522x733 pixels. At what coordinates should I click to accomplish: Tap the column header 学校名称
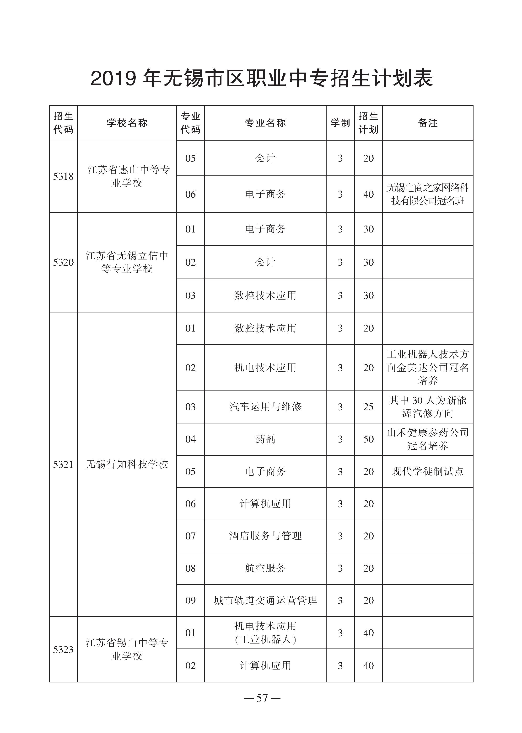(x=127, y=123)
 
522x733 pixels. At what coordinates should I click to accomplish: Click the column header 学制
(x=340, y=123)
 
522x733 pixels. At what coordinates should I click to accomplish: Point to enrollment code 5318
(x=63, y=176)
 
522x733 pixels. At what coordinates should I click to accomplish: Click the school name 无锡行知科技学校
(x=127, y=464)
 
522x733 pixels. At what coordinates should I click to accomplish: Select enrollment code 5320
(x=63, y=262)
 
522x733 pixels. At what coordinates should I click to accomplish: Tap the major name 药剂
(x=265, y=439)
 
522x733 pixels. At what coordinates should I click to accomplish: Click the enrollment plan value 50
(x=368, y=439)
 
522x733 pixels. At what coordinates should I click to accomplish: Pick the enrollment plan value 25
(x=368, y=407)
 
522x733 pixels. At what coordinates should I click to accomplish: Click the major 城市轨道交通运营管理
(x=265, y=600)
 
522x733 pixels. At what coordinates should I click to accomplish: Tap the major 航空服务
(x=265, y=568)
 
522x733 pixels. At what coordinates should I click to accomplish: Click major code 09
(x=190, y=600)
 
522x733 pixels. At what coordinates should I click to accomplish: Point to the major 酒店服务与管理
(x=265, y=536)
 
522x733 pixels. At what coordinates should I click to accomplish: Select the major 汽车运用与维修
(x=265, y=407)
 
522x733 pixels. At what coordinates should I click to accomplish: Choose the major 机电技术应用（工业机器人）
(x=265, y=633)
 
